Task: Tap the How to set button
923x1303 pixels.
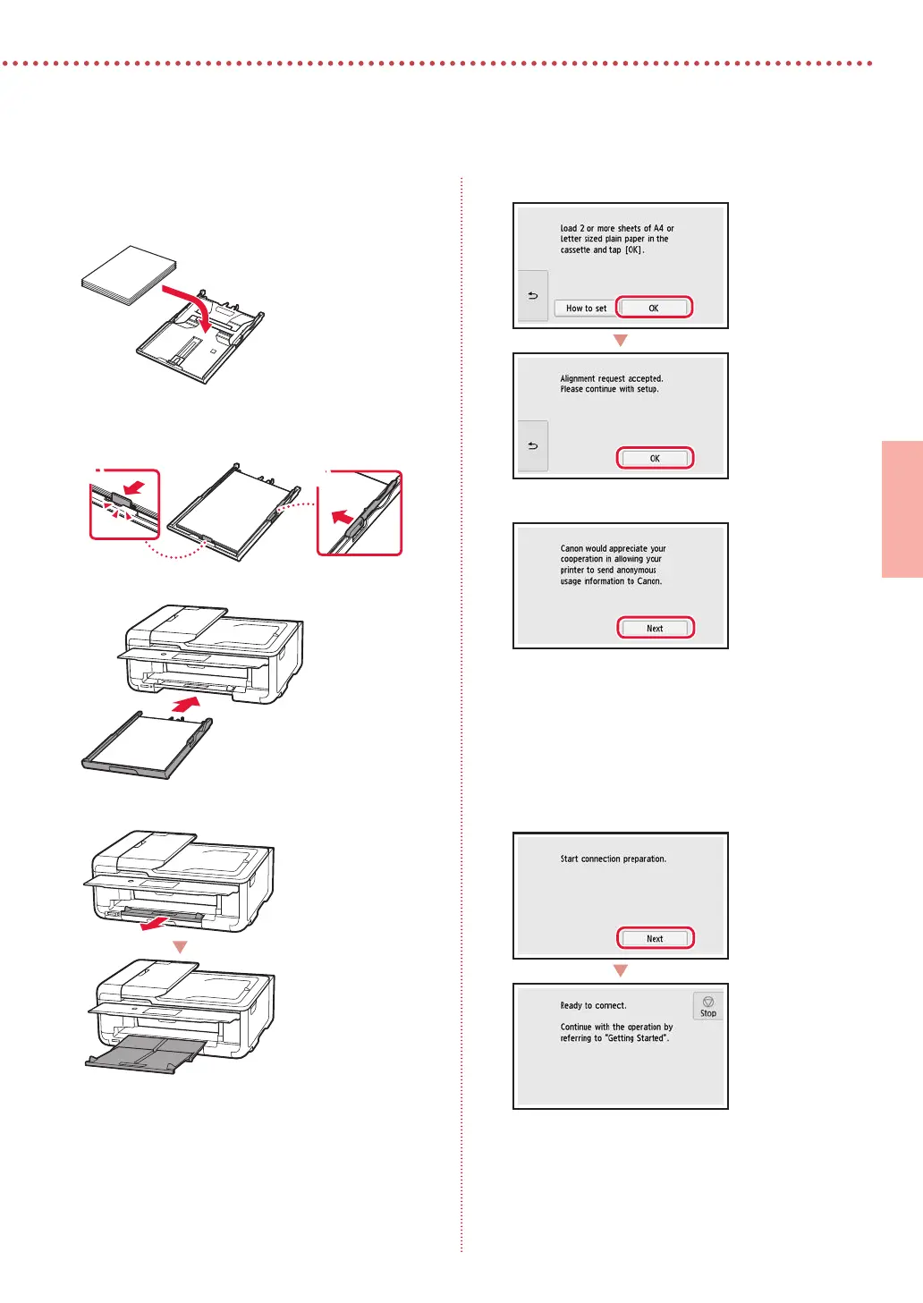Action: coord(585,309)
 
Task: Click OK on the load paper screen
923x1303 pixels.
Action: coord(654,308)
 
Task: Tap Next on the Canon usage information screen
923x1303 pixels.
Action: coord(655,628)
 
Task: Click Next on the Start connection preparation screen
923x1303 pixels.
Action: coord(655,939)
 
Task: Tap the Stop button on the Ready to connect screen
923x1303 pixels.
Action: coord(707,1006)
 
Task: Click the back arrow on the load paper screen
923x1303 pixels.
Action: coord(533,295)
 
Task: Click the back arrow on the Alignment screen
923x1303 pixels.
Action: coord(533,445)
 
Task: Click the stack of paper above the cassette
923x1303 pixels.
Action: coord(129,275)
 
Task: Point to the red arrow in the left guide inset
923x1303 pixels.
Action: coord(135,487)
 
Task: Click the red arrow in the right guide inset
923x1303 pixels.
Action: coord(342,517)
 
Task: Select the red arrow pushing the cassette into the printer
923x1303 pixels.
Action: coord(186,705)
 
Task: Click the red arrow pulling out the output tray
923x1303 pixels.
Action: coord(156,924)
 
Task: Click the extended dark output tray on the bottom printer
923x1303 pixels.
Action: coord(145,1053)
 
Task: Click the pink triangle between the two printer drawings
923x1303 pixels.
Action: coord(181,947)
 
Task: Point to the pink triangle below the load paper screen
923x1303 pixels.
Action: coord(621,341)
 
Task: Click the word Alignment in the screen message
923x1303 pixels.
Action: coord(578,378)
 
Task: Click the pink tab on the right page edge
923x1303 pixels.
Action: coord(902,509)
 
